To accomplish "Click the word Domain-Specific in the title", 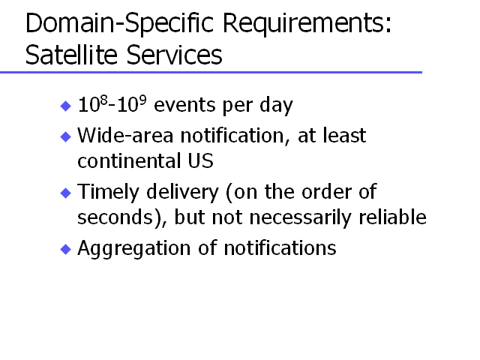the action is point(120,23).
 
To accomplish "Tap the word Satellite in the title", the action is point(71,55).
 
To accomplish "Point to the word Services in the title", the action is point(174,55).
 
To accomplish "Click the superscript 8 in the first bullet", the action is point(104,100).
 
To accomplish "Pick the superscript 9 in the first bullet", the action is point(142,100).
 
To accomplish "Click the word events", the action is point(185,105).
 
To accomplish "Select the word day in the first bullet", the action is point(276,105).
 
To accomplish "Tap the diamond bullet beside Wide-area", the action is point(66,136).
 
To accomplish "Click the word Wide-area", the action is point(125,135).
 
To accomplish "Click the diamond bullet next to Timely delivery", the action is point(66,193).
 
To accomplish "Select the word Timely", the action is point(108,193).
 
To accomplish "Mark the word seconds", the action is point(115,217).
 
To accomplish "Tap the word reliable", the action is point(392,217).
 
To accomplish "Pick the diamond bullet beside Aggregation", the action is point(66,249).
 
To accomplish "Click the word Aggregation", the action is point(134,248).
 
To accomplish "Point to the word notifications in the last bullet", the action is point(280,248).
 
